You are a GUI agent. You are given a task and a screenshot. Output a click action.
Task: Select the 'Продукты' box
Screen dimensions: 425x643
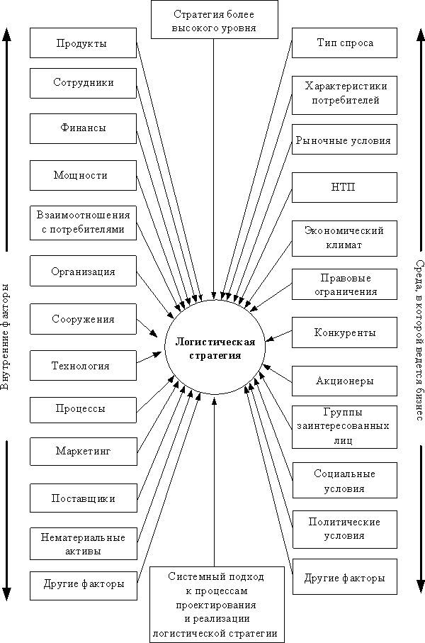pyautogui.click(x=83, y=43)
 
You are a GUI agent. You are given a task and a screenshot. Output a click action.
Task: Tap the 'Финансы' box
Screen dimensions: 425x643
pyautogui.click(x=83, y=129)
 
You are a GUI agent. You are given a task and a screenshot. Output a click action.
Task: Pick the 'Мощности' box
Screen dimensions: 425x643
pyautogui.click(x=83, y=176)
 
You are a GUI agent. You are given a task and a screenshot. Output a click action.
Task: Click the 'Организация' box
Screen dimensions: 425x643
pyautogui.click(x=83, y=271)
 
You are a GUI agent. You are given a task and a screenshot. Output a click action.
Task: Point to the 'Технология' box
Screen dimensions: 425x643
pyautogui.click(x=83, y=365)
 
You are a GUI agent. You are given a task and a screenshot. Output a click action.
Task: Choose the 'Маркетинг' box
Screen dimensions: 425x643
pyautogui.click(x=83, y=452)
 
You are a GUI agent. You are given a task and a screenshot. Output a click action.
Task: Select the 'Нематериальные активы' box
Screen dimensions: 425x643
pyautogui.click(x=83, y=544)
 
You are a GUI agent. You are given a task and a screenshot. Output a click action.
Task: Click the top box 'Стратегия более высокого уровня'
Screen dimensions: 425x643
pyautogui.click(x=215, y=20)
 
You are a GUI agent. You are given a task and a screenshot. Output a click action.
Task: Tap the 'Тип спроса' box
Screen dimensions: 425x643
pyautogui.click(x=344, y=43)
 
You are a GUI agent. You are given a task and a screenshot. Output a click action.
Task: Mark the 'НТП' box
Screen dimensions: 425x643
pyautogui.click(x=344, y=187)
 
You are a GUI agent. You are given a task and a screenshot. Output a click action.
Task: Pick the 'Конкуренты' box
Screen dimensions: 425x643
pyautogui.click(x=344, y=332)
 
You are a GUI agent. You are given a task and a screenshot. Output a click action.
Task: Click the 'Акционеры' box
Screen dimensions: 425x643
pyautogui.click(x=344, y=381)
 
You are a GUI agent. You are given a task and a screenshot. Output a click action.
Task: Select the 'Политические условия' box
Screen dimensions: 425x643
pyautogui.click(x=345, y=530)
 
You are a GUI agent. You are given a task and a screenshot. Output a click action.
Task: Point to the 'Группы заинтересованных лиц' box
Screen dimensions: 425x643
pyautogui.click(x=344, y=427)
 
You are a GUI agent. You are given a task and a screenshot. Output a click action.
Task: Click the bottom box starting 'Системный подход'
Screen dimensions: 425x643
pyautogui.click(x=217, y=605)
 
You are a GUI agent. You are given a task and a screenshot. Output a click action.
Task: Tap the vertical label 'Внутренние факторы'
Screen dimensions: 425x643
pyautogui.click(x=6, y=337)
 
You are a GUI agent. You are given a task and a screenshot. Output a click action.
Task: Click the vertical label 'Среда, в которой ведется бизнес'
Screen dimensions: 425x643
pyautogui.click(x=419, y=341)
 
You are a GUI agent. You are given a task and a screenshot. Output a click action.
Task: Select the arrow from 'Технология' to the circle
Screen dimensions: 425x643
pyautogui.click(x=149, y=357)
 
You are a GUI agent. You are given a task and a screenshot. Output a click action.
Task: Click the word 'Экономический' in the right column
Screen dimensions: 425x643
pyautogui.click(x=344, y=231)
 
